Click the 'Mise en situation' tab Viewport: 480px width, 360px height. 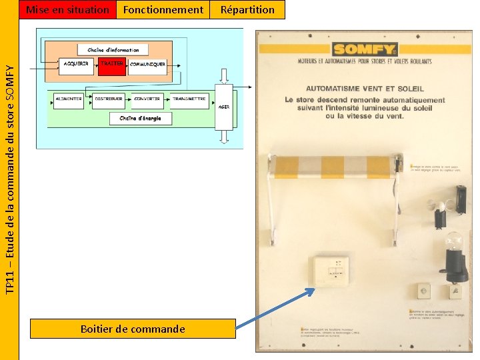67,9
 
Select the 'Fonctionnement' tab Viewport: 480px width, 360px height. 163,9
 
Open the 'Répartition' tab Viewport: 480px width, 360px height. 247,9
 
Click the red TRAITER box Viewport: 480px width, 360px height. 111,65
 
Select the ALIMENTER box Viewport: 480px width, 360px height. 69,99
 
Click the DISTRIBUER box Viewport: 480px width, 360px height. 109,99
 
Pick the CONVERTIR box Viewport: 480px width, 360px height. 147,99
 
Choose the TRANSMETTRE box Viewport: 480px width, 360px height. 189,99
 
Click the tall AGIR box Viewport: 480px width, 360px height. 224,107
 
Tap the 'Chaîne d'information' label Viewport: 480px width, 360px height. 113,50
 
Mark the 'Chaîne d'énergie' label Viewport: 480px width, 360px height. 140,119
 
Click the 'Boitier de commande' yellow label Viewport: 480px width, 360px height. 132,329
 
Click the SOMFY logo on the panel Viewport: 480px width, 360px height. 365,49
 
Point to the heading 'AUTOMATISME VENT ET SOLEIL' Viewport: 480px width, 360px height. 365,89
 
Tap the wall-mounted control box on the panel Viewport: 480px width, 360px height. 331,271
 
